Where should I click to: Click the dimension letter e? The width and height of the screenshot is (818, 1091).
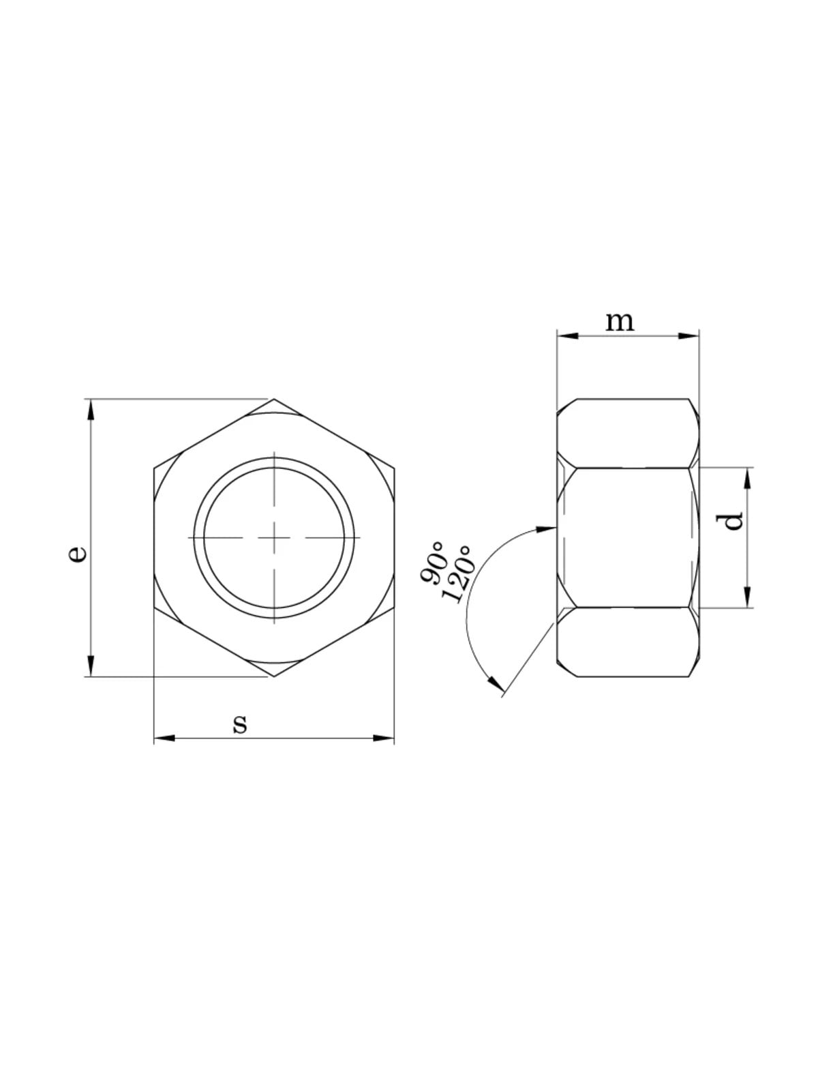[78, 554]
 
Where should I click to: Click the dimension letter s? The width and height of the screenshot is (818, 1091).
[240, 725]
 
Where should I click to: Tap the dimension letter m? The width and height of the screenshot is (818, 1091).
[620, 322]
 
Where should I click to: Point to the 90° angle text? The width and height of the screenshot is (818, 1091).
[432, 563]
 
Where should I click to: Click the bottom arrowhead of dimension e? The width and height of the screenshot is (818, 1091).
[91, 666]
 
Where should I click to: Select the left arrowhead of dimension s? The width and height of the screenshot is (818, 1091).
[164, 738]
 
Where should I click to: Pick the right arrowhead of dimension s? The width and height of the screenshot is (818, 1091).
[383, 738]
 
